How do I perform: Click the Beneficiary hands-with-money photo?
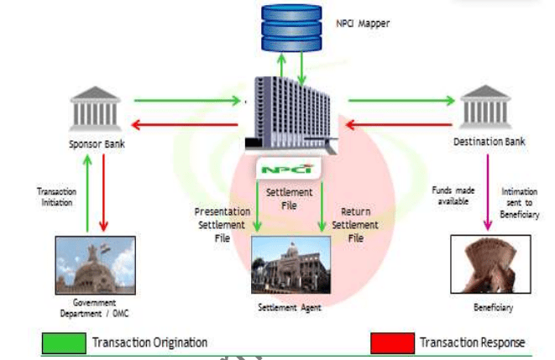[x=486, y=263]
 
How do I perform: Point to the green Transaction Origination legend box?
[x=64, y=342]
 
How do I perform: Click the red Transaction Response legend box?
[x=392, y=342]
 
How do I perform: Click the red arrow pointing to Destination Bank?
[x=400, y=126]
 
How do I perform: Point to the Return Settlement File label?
[x=351, y=225]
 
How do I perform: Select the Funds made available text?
[x=454, y=196]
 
